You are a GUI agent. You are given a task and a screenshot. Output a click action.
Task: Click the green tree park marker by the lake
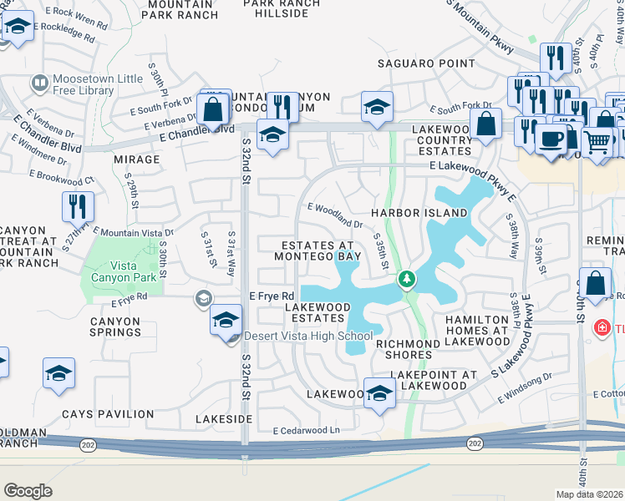407,279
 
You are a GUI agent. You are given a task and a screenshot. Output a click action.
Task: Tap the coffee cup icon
550,139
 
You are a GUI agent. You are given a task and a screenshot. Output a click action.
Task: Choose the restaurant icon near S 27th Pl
77,205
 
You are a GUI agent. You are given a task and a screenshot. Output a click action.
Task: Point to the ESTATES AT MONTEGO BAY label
321,251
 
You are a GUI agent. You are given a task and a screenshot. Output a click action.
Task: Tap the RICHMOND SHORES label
404,349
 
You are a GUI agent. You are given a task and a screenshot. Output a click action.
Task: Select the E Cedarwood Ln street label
307,430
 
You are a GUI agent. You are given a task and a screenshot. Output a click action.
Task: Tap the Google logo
28,491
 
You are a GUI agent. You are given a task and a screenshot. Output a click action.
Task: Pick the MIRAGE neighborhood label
136,159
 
